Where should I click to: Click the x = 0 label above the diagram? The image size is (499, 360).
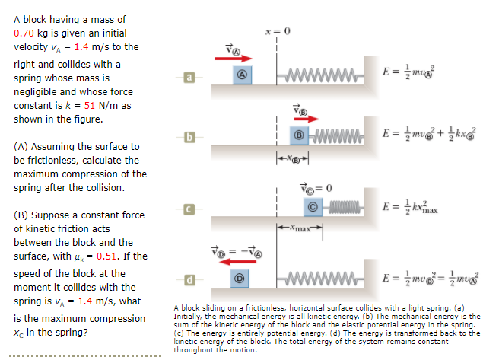[278, 30]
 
